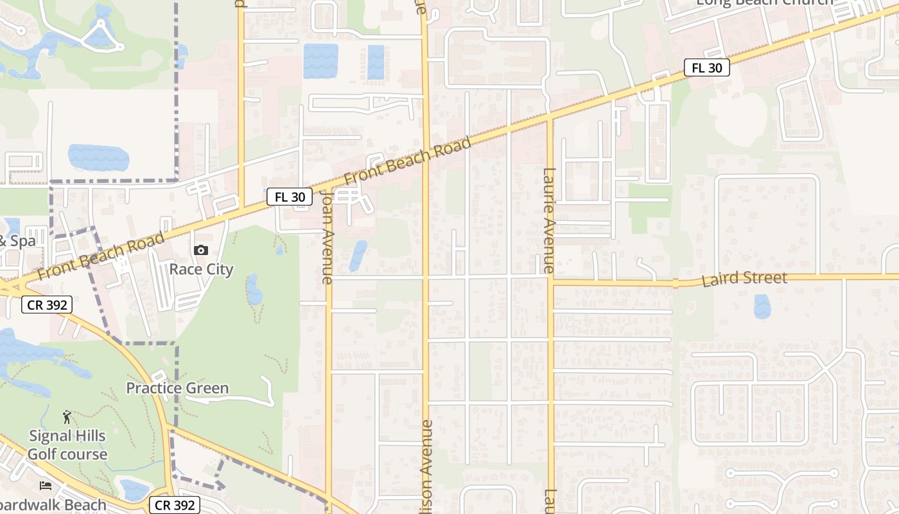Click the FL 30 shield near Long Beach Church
706,67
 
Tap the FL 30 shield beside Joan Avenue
290,197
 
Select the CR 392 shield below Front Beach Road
47,305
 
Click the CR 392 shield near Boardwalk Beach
175,505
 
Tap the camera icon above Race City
201,250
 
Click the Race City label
201,269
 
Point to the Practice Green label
177,388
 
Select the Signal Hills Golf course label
67,445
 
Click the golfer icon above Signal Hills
67,418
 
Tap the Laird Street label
744,279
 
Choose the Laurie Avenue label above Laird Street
548,220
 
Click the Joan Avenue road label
327,237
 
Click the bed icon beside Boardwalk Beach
46,485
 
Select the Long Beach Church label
764,3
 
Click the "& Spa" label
17,242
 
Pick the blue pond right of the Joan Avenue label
358,255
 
